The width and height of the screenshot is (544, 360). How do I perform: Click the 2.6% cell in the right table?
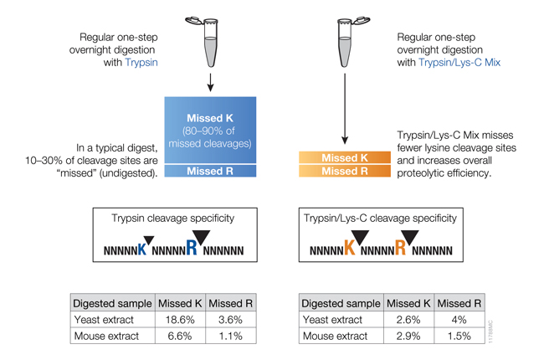click(408, 319)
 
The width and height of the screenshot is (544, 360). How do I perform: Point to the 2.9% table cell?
click(408, 336)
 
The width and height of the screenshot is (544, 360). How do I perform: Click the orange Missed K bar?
click(345, 157)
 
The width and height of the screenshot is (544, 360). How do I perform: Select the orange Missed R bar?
click(345, 172)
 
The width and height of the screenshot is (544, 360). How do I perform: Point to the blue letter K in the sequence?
click(142, 248)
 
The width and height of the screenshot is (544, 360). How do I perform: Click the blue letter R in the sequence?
click(192, 247)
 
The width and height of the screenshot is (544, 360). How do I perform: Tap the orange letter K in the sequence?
click(349, 248)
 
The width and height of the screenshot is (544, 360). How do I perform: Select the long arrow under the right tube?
click(345, 109)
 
